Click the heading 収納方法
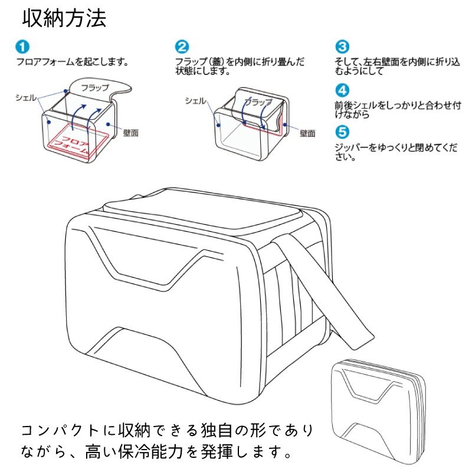pos(64,18)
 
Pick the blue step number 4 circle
pos(342,91)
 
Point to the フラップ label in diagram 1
pos(94,88)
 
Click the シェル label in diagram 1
pos(26,97)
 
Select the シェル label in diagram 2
pos(195,101)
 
